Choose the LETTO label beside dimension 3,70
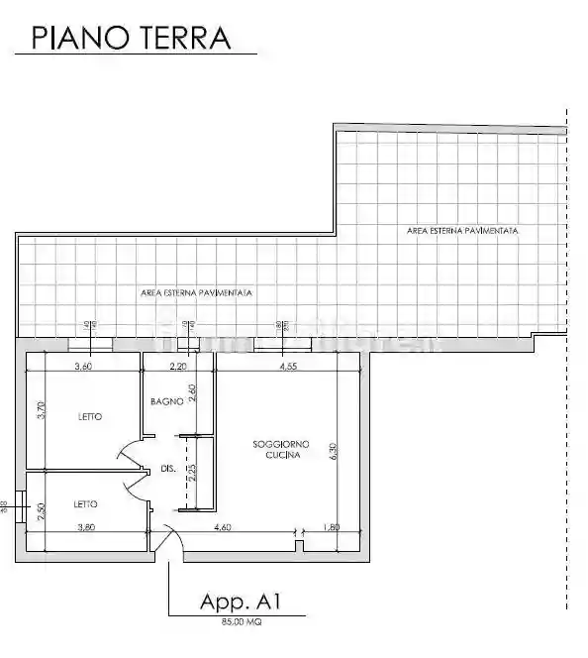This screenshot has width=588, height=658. click(90, 417)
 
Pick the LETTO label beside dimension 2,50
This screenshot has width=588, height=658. click(86, 504)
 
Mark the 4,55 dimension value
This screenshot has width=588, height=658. click(289, 366)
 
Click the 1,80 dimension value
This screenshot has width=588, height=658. click(331, 527)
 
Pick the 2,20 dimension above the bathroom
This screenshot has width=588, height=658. click(178, 366)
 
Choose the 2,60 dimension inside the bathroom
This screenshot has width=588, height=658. click(193, 393)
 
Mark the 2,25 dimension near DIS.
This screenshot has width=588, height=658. click(193, 473)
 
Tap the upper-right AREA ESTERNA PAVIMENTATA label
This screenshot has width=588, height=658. click(462, 230)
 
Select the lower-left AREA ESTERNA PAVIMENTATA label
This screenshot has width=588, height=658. click(196, 293)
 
